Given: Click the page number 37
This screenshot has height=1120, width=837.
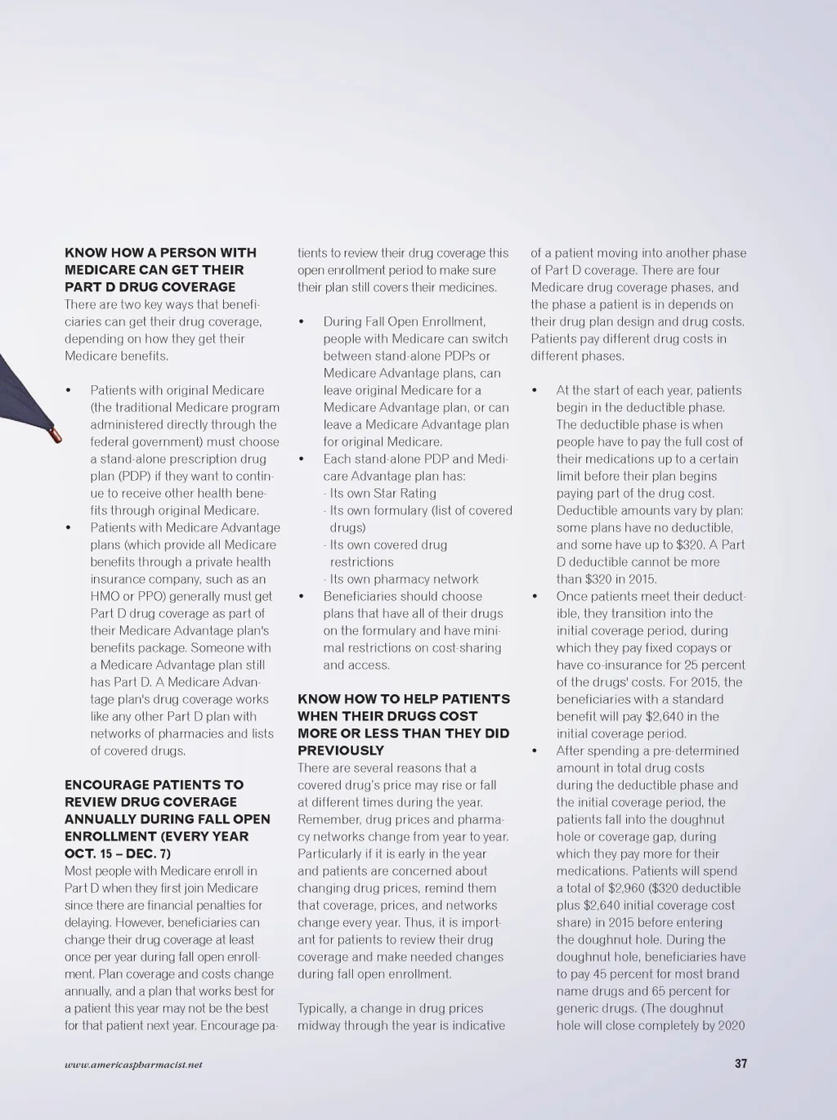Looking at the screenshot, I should click(741, 1064).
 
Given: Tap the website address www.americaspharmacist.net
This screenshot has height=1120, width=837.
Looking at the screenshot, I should click(133, 1064).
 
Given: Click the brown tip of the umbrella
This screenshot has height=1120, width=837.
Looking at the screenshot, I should click(56, 434).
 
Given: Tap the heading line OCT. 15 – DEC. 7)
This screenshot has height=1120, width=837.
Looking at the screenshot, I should click(118, 853).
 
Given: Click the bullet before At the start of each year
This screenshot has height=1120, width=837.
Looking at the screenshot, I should click(535, 391).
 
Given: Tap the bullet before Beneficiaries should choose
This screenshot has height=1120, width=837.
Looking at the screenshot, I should click(302, 597).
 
